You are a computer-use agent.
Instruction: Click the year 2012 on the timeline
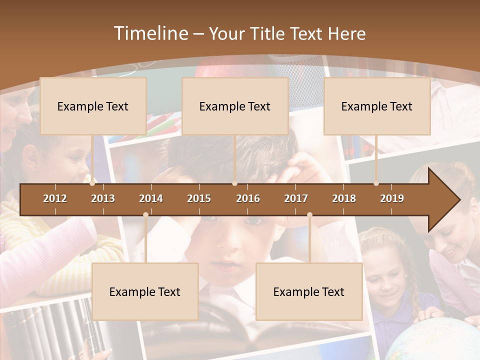point(55,198)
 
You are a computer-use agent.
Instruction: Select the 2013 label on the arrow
point(103,198)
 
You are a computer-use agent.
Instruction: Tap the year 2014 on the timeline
point(151,198)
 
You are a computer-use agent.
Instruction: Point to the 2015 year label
point(199,198)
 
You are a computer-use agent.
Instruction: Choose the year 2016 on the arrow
point(248,198)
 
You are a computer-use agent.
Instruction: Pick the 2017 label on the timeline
point(296,198)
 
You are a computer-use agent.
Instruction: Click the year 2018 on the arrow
point(344,198)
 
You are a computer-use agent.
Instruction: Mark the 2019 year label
point(392,198)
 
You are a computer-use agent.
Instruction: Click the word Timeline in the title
point(149,33)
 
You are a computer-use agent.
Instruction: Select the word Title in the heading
point(268,33)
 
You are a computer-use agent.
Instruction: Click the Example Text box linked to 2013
point(93,106)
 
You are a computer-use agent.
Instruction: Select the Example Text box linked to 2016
point(235,106)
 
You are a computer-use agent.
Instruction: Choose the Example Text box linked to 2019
point(377,106)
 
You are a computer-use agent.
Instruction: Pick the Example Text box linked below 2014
point(145,291)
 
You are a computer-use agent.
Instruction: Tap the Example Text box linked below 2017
point(309,291)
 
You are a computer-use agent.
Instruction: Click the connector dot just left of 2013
point(92,183)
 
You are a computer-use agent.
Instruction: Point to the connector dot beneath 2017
point(309,215)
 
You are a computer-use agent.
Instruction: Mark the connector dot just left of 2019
point(376,183)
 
